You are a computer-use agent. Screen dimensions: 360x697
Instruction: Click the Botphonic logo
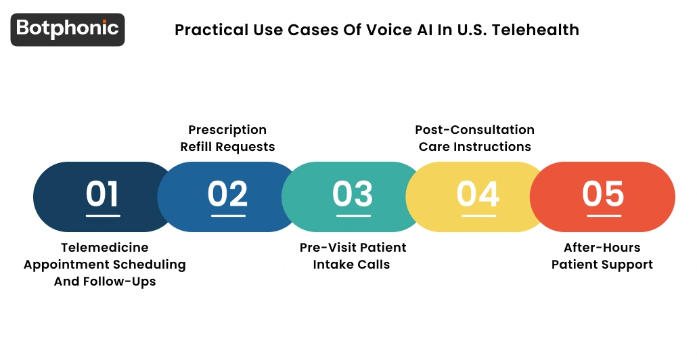click(68, 29)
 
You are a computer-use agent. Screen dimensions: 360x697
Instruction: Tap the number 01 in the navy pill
click(103, 194)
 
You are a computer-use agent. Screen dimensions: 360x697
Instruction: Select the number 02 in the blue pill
click(227, 194)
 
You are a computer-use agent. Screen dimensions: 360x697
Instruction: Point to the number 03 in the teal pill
click(352, 194)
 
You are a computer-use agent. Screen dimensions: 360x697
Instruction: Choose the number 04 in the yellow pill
click(478, 194)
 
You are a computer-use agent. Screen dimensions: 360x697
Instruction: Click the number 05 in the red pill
click(603, 194)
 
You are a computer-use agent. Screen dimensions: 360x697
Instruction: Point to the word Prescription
click(227, 130)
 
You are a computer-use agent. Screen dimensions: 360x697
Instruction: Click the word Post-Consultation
click(474, 130)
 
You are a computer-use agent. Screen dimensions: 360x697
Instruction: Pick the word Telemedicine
click(105, 248)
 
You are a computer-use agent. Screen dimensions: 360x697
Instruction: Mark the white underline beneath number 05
click(603, 217)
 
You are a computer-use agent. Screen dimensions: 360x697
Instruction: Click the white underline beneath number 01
click(103, 217)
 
